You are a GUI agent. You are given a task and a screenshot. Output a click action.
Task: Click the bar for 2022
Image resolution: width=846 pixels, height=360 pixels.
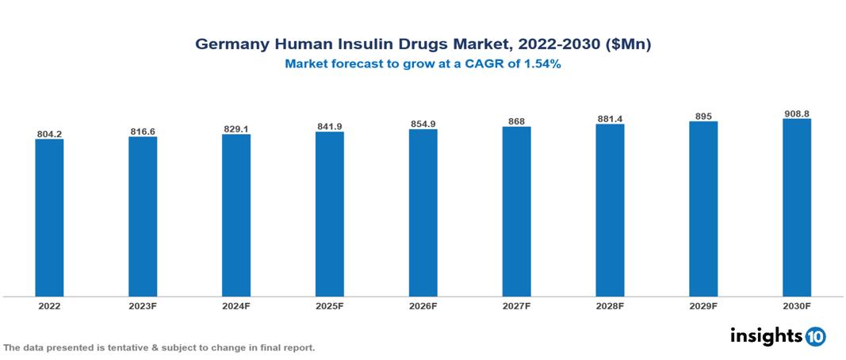point(49,217)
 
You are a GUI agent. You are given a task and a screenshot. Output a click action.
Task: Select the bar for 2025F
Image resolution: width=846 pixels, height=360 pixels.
point(329,213)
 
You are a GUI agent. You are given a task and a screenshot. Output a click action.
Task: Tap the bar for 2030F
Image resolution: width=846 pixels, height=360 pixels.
point(796,207)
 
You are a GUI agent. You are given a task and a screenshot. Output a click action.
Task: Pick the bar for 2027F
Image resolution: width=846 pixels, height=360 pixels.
point(516,211)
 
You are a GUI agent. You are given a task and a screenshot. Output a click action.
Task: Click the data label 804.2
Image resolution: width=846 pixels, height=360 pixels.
point(49,134)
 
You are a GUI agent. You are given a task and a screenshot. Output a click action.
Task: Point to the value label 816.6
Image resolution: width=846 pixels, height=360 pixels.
point(143,132)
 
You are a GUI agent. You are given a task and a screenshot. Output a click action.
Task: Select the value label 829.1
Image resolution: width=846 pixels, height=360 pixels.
point(236,129)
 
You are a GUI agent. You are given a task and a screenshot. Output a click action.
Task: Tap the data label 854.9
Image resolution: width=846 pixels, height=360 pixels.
point(423,124)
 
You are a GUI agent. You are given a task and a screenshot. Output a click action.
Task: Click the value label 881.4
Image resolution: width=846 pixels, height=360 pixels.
point(610,119)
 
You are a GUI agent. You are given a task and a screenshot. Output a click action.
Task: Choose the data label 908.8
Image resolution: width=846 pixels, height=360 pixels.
point(796,114)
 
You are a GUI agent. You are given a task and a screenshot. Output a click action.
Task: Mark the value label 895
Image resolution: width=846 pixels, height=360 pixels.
point(703,117)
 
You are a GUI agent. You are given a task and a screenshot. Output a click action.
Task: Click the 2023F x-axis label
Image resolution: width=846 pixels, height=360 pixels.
point(143,305)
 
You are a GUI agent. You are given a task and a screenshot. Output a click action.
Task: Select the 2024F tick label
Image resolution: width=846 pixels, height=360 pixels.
point(236,305)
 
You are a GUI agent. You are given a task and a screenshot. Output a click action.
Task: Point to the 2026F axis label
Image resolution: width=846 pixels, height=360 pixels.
point(423,305)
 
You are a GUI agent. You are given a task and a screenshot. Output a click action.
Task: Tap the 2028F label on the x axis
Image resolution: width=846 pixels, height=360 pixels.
point(610,305)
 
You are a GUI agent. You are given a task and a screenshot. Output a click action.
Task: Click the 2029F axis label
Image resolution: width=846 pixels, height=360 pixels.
point(703,305)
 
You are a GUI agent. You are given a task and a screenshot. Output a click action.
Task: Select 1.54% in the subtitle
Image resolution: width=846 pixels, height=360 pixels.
point(543,65)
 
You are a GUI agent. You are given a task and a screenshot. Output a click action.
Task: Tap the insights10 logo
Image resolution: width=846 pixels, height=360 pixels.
point(777,336)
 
